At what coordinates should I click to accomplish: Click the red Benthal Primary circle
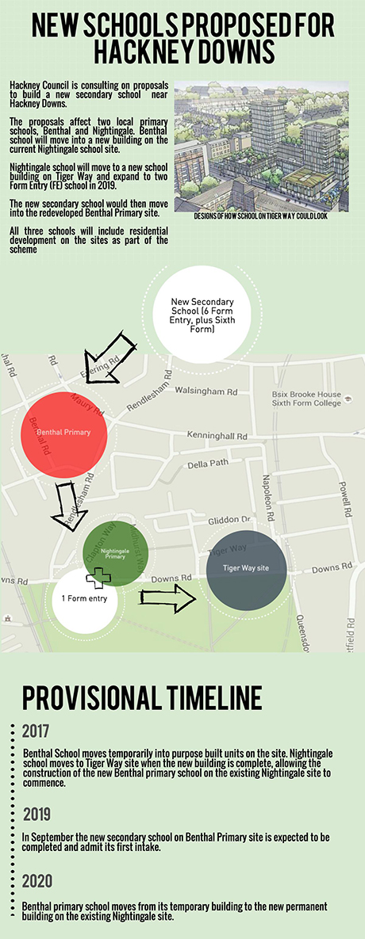coord(63,433)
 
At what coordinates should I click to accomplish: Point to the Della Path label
coord(202,466)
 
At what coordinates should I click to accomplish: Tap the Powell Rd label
coord(344,498)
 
